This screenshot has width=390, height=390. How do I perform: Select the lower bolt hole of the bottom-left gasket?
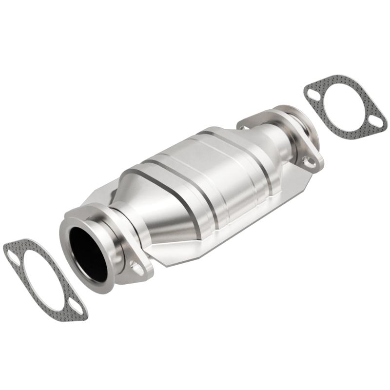tap(76, 307)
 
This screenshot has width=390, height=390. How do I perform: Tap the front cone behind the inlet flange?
tap(146, 205)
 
